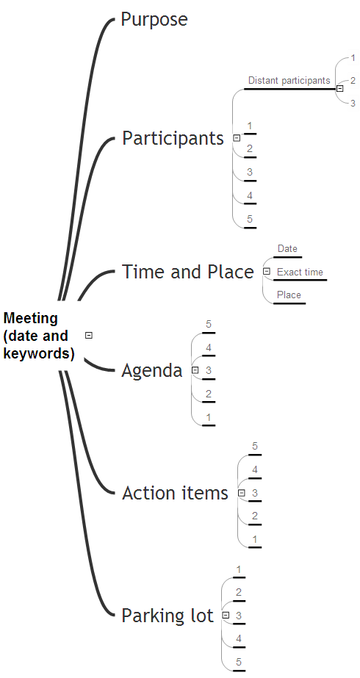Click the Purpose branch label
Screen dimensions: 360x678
(154, 20)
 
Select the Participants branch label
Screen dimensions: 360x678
(173, 138)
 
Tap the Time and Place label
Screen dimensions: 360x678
(188, 272)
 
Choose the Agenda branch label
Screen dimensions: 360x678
(152, 370)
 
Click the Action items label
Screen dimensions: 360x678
(175, 493)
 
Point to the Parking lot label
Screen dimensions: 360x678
(168, 616)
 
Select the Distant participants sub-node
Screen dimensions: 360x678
(289, 80)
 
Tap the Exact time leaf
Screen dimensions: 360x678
(300, 273)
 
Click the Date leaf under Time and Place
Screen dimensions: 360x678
(287, 248)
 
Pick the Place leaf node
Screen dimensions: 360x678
(289, 295)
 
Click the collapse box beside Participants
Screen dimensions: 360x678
(237, 138)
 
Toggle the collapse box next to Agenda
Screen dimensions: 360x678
(195, 370)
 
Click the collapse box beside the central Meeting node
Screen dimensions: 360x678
(89, 335)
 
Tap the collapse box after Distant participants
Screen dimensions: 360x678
(340, 89)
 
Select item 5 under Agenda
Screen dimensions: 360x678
(209, 324)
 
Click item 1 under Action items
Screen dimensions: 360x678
(255, 539)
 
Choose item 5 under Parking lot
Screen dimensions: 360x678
(239, 662)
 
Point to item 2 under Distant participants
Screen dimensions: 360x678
(353, 80)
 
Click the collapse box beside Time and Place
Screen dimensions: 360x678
(267, 272)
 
